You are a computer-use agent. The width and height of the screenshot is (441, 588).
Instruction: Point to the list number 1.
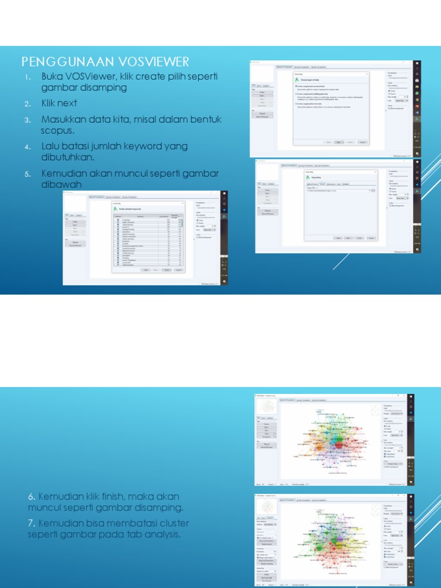[x=26, y=77]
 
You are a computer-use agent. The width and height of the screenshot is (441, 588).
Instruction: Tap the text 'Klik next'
[x=59, y=103]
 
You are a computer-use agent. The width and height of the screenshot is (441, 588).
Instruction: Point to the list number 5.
[x=26, y=173]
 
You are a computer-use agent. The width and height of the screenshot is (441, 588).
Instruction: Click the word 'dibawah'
[x=61, y=184]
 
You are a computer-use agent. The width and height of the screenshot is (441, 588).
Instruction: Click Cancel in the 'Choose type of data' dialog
[x=362, y=142]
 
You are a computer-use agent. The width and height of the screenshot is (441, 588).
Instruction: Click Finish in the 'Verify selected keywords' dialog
[x=166, y=269]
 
